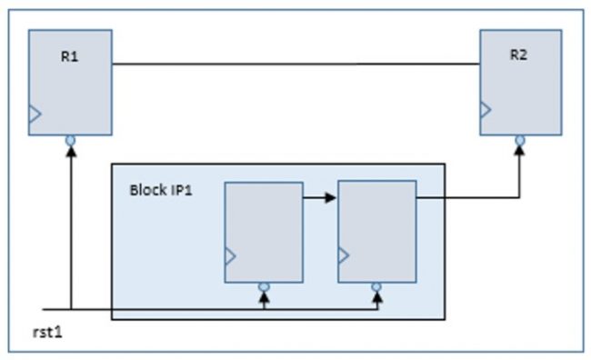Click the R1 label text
click(x=70, y=56)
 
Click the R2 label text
click(x=518, y=55)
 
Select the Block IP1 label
click(x=160, y=191)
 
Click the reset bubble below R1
click(x=69, y=141)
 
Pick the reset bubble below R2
click(x=519, y=139)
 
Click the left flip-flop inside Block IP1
click(x=264, y=232)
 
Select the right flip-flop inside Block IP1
click(x=376, y=232)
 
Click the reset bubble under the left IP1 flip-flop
click(x=264, y=287)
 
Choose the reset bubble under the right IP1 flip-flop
click(x=376, y=287)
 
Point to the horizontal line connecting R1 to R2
click(x=295, y=65)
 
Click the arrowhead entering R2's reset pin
click(x=519, y=150)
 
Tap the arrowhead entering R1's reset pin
click(x=69, y=152)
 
